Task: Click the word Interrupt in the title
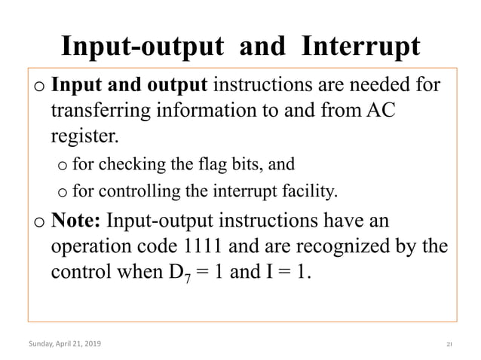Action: pos(360,47)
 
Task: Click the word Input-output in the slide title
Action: pos(142,47)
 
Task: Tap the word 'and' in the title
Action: pos(262,47)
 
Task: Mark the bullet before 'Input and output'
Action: pos(39,84)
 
